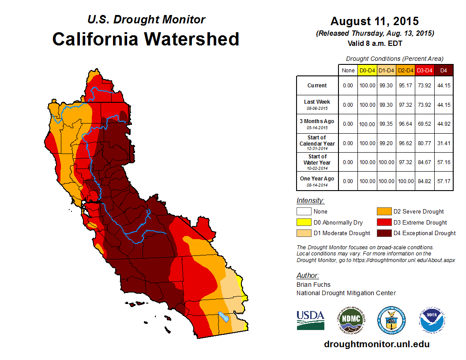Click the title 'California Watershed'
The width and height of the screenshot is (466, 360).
146,39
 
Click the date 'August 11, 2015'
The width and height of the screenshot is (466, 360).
374,21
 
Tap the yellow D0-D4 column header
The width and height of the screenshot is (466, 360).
367,70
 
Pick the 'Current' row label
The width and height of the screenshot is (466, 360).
317,86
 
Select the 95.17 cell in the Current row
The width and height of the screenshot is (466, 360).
405,86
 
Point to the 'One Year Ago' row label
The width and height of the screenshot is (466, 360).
317,179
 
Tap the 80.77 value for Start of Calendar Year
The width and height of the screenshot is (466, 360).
424,143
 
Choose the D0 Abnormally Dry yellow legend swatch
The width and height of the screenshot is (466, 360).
304,222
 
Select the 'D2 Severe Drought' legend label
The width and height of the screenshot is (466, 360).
418,212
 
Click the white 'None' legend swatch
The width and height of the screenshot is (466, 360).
304,212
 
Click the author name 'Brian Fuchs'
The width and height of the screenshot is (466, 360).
313,285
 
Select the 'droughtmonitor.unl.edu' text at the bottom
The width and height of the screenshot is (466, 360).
376,344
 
